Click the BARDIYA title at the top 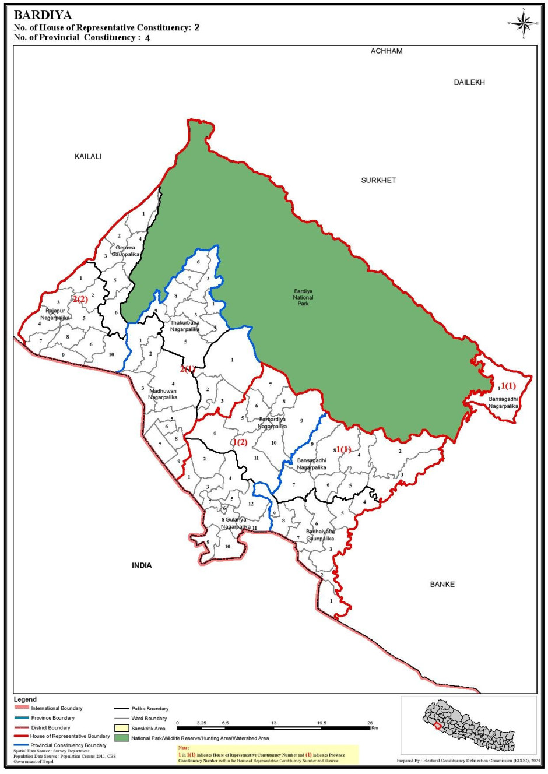tap(43, 15)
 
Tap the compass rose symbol tap(524, 23)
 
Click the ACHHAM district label tap(387, 51)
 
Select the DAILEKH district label tap(469, 83)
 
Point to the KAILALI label tap(88, 157)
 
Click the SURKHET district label tap(378, 181)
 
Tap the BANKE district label tap(442, 585)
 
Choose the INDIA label tap(142, 565)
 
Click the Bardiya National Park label tap(303, 297)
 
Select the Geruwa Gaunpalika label tap(125, 251)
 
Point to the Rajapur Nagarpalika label tap(55, 315)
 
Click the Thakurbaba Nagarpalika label tap(185, 326)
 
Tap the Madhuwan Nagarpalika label tap(163, 394)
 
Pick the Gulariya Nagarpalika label tap(236, 523)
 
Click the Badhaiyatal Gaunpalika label tap(321, 535)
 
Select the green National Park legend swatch tap(122, 738)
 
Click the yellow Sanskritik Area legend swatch tap(122, 728)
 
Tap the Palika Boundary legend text tap(150, 709)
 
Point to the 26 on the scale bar tap(370, 723)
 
